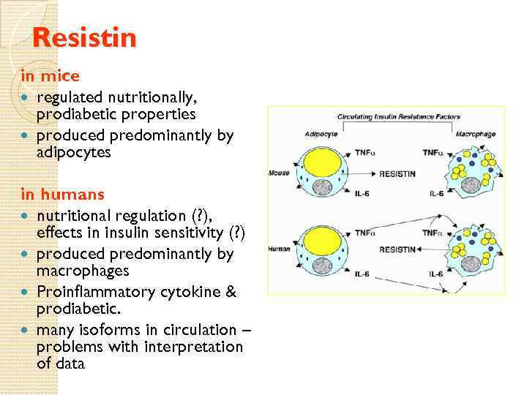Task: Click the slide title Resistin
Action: pyautogui.click(x=85, y=37)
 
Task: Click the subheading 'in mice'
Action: pyautogui.click(x=50, y=75)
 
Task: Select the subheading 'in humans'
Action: pyautogui.click(x=62, y=195)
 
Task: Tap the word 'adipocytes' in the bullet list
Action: pyautogui.click(x=73, y=152)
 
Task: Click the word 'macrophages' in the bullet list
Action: pyautogui.click(x=83, y=271)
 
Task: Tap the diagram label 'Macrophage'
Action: pyautogui.click(x=474, y=134)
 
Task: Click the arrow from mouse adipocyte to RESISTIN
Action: pyautogui.click(x=362, y=174)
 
